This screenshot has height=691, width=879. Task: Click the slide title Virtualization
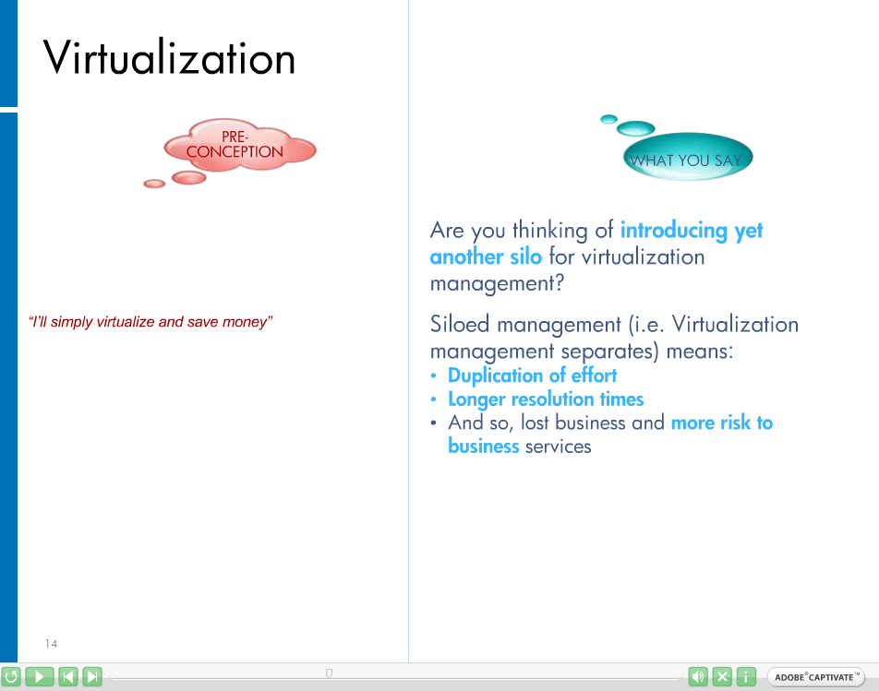click(x=169, y=58)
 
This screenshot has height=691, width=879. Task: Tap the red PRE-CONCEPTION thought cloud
click(x=240, y=146)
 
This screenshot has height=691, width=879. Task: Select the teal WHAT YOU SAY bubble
click(x=688, y=157)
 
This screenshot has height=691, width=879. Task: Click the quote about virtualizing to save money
click(x=151, y=322)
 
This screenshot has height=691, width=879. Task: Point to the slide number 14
click(x=51, y=643)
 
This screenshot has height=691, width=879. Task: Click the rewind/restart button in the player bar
click(x=11, y=676)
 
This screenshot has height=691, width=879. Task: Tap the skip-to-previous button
click(x=68, y=676)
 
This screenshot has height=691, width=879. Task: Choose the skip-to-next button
click(x=92, y=676)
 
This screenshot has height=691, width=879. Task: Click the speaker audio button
click(x=698, y=676)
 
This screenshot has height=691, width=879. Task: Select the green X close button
click(x=722, y=676)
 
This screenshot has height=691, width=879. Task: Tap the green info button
click(x=746, y=676)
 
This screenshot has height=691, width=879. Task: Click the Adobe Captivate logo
click(x=815, y=677)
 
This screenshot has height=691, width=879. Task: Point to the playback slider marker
click(x=329, y=673)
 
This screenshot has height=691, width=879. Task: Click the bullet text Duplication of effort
click(x=532, y=375)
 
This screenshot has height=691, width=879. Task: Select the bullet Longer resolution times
click(x=546, y=399)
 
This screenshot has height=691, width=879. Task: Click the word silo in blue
click(x=526, y=256)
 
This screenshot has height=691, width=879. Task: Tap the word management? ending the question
click(x=497, y=283)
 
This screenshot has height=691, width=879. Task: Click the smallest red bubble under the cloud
click(x=154, y=184)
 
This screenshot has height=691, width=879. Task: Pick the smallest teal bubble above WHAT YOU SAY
click(x=608, y=119)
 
